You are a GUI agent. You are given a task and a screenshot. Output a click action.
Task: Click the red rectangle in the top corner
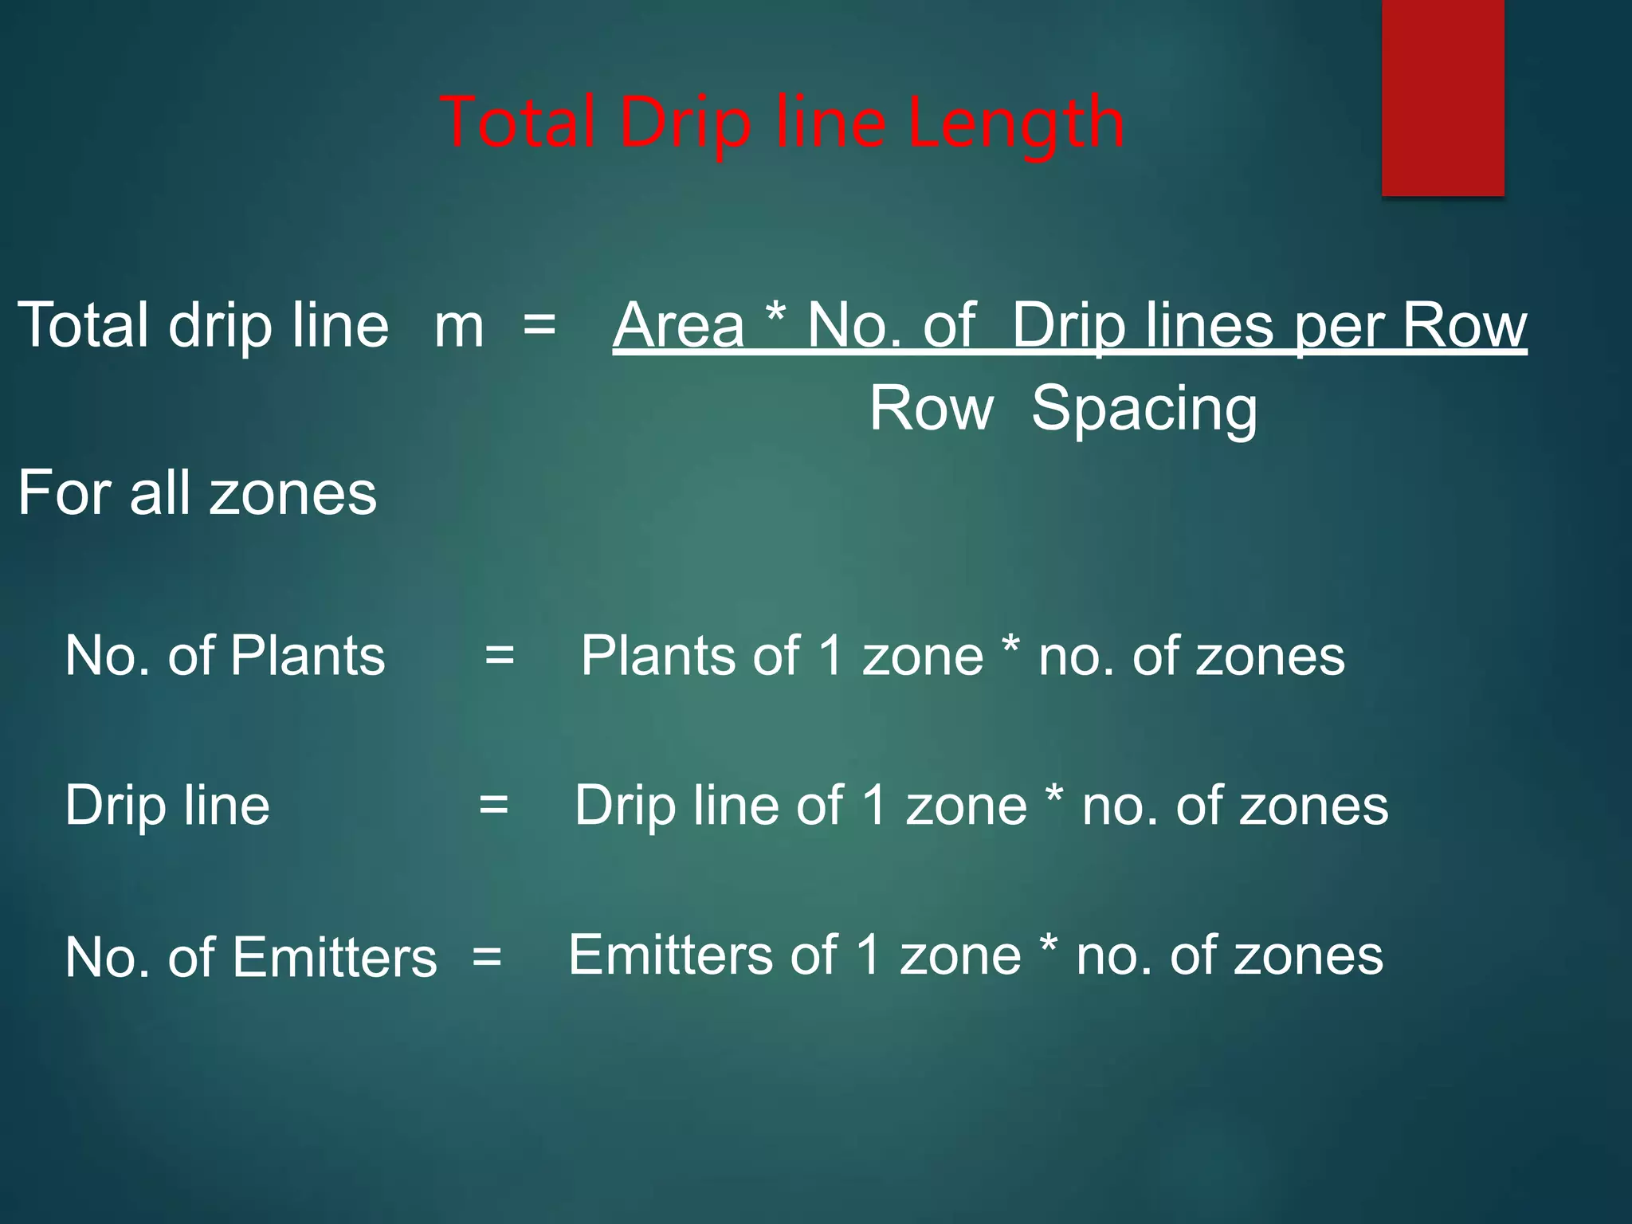point(1442,97)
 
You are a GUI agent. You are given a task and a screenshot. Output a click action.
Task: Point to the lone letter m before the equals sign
point(459,327)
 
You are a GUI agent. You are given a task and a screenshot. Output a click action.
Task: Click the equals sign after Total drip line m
point(539,325)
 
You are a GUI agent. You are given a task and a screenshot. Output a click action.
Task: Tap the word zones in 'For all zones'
point(293,494)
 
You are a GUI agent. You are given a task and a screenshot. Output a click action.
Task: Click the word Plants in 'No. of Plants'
point(308,656)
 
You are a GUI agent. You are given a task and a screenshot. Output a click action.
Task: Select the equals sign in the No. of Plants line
point(500,656)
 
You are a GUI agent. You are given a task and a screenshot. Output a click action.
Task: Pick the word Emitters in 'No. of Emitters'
point(335,957)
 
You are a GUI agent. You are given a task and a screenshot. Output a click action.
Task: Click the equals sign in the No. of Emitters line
point(487,956)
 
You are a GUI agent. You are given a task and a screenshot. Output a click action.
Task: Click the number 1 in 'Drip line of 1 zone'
point(874,805)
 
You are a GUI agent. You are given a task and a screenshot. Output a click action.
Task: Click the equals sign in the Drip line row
point(493,805)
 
